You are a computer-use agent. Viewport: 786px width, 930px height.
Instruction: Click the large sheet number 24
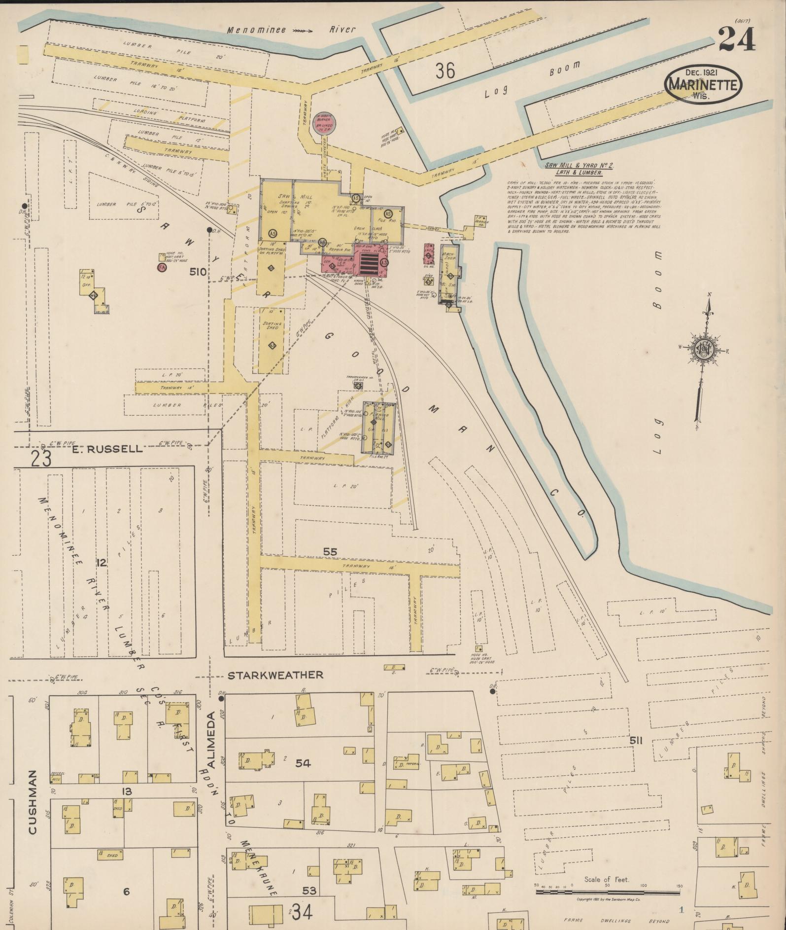[736, 39]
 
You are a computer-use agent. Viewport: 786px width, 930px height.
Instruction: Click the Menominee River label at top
[291, 30]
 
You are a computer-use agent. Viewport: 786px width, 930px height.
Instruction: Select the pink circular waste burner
[325, 121]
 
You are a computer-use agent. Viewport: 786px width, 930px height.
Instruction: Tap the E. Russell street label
[107, 449]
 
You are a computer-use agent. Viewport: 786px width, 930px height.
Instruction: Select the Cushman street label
[33, 802]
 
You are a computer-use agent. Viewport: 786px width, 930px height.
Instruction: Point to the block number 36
[444, 72]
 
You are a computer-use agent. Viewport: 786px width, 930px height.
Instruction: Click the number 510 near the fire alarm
[200, 272]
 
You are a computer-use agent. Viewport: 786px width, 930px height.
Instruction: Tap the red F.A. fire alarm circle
[161, 268]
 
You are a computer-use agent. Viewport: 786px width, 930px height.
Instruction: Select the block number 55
[330, 551]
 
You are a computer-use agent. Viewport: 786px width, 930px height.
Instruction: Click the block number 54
[303, 763]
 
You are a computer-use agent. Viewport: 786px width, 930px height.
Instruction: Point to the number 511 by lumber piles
[636, 741]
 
